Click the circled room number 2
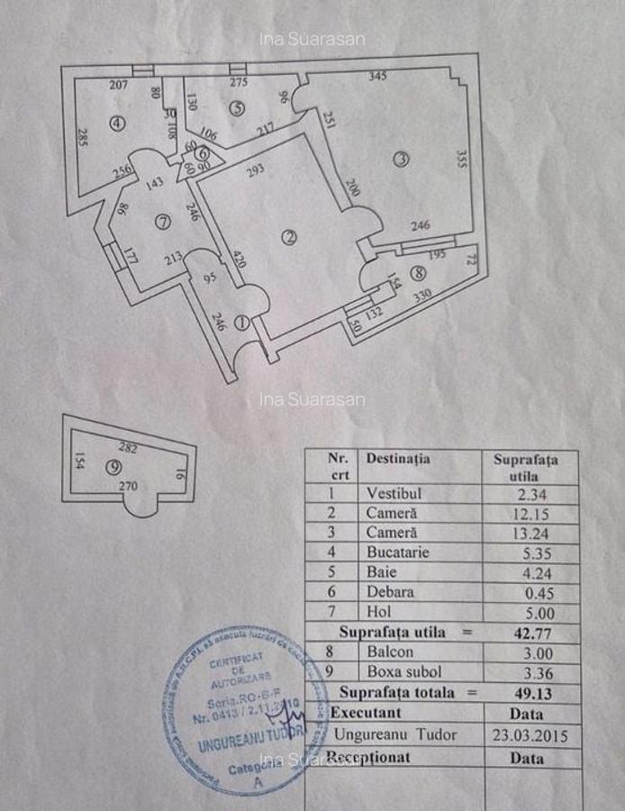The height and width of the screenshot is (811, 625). (x=289, y=237)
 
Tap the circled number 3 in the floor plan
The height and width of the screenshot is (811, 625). (x=402, y=159)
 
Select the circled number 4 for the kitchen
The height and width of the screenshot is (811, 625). (x=116, y=124)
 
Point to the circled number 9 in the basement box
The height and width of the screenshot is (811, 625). (x=112, y=467)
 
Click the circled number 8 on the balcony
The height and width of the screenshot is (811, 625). (x=417, y=274)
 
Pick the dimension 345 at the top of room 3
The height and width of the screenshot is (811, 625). (x=377, y=77)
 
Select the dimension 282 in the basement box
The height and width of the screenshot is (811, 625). (x=128, y=447)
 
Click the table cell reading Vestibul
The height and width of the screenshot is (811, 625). (x=394, y=493)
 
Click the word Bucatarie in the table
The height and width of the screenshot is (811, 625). (x=398, y=552)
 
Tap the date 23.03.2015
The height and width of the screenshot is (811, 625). (x=531, y=735)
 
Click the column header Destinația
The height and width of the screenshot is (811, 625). (x=397, y=459)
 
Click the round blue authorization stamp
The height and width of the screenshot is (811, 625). (x=236, y=710)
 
